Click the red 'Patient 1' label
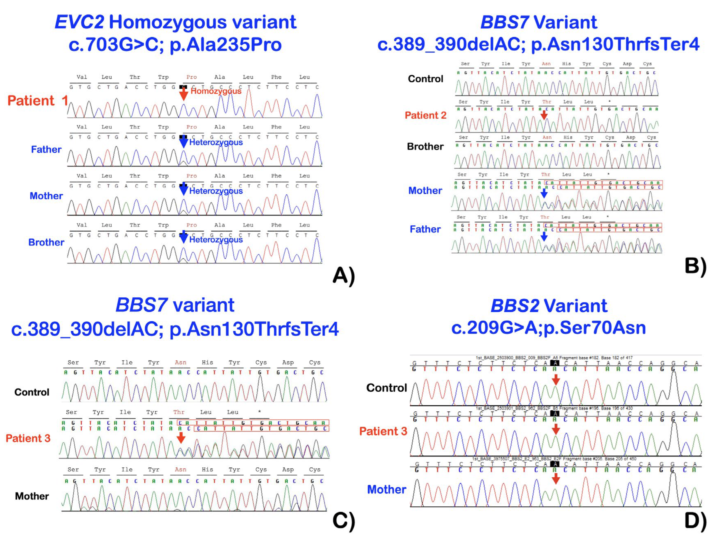tap(37, 101)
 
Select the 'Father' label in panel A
tap(46, 149)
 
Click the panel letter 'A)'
tap(344, 276)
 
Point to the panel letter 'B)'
tap(695, 266)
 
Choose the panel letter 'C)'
tap(344, 521)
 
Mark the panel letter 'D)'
tap(695, 521)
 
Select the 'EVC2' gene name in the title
tap(80, 22)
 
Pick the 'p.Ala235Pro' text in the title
tap(226, 44)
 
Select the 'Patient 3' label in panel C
tap(28, 438)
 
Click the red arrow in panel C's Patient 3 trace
tap(181, 438)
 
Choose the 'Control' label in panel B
tap(425, 79)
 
